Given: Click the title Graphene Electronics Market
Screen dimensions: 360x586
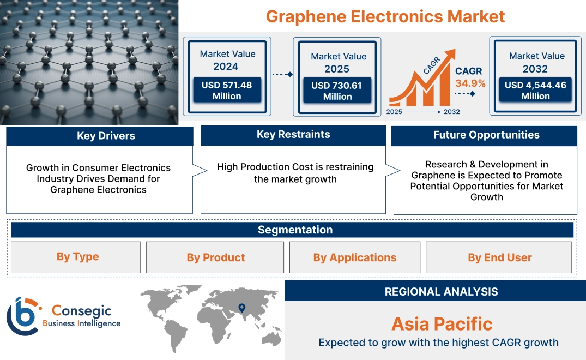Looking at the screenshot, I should point(385,16).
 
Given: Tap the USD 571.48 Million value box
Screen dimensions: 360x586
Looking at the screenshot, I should point(226,90).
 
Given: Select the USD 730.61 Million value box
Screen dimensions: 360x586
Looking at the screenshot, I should point(337,91).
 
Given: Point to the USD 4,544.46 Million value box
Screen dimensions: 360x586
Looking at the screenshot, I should point(535,90).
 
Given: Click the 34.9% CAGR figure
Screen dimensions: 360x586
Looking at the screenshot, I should point(470,83).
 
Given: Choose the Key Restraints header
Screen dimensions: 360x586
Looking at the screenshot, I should point(293,135).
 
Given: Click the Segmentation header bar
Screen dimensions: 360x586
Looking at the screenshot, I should point(295,230).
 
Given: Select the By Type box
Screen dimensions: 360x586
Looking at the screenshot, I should point(77,257).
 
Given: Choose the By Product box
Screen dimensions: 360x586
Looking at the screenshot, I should point(215,257).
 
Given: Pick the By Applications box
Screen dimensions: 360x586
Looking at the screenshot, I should point(355,257).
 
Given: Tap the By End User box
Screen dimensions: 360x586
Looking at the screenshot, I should point(499,257).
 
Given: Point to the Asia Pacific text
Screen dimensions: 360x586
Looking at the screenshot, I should point(442,324).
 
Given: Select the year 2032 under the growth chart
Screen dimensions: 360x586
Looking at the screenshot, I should point(451,112).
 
